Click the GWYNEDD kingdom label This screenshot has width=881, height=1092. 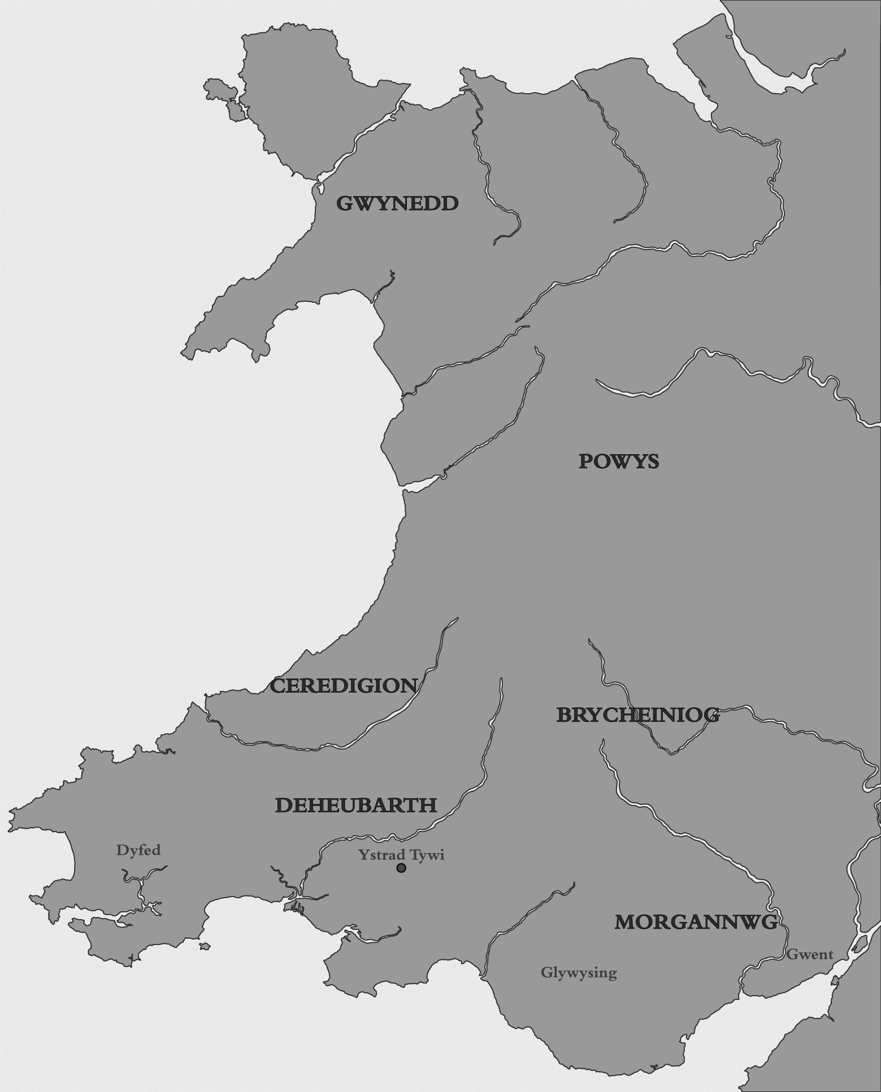(397, 203)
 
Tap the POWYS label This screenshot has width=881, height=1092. (618, 462)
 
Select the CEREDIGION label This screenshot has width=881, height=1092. (344, 686)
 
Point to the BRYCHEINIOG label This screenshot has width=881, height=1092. (638, 715)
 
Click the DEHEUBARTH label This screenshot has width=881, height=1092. (355, 805)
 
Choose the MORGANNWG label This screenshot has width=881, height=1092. (696, 923)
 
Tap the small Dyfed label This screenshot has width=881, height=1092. (138, 850)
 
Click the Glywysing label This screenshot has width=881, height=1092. (579, 973)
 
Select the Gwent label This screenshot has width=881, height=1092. (810, 954)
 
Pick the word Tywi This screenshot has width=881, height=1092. (427, 855)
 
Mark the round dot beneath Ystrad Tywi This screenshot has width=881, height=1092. (401, 868)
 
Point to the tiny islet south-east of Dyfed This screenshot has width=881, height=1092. (205, 946)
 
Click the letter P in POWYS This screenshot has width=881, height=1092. (586, 462)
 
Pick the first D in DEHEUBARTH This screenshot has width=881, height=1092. (284, 805)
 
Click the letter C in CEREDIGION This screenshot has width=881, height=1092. (277, 686)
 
